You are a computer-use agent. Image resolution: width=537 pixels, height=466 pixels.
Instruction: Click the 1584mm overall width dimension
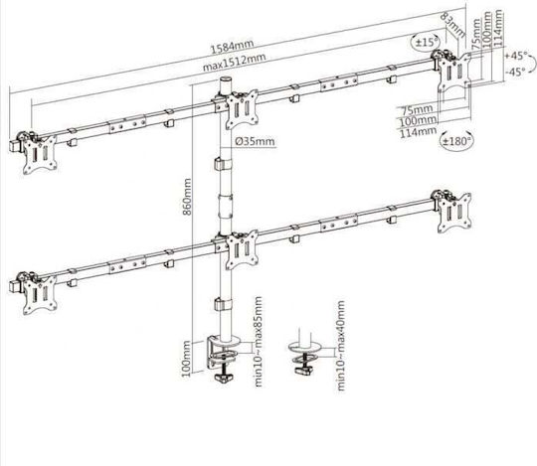pos(232,47)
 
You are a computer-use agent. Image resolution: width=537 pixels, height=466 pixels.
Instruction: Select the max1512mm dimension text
pos(235,62)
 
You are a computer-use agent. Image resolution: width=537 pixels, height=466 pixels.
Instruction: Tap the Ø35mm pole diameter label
pos(255,141)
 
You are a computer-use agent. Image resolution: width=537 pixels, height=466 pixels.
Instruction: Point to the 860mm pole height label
pos(187,197)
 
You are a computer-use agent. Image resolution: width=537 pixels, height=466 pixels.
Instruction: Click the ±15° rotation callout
pos(426,42)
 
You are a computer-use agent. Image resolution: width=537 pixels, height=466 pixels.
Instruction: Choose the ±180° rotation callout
pos(456,140)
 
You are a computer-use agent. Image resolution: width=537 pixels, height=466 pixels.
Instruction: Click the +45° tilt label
pos(516,56)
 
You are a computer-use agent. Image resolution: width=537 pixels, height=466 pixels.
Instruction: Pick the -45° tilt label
pos(515,72)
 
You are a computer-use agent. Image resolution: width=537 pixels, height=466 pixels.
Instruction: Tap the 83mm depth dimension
pos(452,25)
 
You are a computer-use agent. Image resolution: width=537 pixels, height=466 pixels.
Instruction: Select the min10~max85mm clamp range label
pos(259,342)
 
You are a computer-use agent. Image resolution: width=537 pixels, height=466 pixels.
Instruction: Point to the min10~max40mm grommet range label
pos(341,346)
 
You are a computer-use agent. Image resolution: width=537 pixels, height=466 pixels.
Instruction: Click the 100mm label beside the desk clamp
pos(186,359)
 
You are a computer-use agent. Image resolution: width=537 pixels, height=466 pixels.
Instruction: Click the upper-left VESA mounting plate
pos(40,155)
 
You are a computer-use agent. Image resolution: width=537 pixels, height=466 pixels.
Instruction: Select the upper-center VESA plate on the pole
pos(242,109)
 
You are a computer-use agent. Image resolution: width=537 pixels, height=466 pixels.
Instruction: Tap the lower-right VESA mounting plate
pos(454,213)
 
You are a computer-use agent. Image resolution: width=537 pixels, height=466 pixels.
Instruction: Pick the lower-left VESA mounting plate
pos(40,295)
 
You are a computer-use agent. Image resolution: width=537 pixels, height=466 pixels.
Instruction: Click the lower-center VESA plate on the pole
pos(242,249)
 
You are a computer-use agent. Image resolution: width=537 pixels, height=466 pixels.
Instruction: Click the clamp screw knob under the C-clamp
pos(224,378)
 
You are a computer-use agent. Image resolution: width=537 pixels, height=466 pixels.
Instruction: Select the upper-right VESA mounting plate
pos(454,73)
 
